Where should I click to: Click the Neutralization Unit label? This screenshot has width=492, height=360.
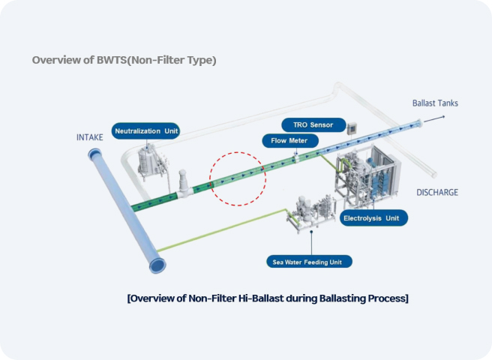point(146,131)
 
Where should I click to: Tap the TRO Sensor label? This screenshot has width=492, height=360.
point(313,124)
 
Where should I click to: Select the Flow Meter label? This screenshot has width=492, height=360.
point(289,140)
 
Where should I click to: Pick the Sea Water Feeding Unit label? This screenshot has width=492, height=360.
point(309,262)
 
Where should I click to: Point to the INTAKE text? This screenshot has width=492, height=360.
point(91,137)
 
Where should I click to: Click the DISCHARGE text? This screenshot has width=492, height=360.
point(436,193)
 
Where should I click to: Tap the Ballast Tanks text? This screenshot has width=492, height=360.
point(435,103)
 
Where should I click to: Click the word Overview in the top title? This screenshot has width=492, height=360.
point(53,60)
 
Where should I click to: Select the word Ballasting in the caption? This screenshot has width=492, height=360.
point(329,298)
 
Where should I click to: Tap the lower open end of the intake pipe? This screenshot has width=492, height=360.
point(158,265)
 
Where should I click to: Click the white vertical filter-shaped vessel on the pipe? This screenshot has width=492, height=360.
point(182,181)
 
